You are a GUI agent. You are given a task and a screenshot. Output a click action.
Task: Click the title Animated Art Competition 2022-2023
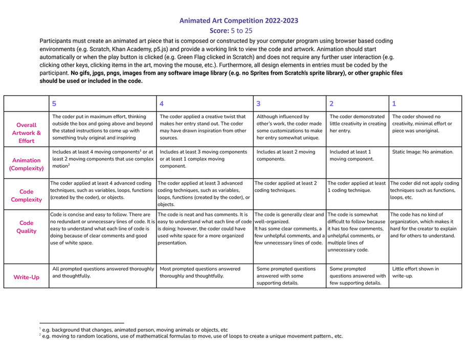click(x=238, y=20)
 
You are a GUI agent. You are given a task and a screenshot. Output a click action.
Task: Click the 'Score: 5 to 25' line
click(x=231, y=31)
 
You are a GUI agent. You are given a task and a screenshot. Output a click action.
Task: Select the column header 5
click(x=55, y=103)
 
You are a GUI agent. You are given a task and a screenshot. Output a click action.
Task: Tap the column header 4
click(x=162, y=103)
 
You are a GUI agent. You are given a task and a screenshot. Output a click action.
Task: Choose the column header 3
click(x=258, y=103)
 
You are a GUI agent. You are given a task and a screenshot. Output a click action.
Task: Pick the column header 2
click(x=331, y=103)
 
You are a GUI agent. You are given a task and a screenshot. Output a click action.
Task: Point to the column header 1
click(x=394, y=103)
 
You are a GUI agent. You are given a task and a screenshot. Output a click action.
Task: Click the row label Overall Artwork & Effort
click(x=27, y=133)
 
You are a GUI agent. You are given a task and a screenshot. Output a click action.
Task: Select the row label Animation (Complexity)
click(x=27, y=164)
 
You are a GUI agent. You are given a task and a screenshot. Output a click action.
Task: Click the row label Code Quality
click(x=27, y=227)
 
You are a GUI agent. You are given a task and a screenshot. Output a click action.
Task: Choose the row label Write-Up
click(x=27, y=277)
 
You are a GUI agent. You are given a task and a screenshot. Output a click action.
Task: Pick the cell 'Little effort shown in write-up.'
click(x=415, y=272)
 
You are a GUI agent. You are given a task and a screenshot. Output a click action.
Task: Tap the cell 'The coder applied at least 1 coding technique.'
click(x=357, y=186)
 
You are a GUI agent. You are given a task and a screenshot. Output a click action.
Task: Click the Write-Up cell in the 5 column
click(x=103, y=272)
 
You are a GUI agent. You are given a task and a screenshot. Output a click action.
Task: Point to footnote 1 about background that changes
click(x=134, y=330)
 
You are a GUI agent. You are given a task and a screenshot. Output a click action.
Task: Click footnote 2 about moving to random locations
click(x=191, y=336)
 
